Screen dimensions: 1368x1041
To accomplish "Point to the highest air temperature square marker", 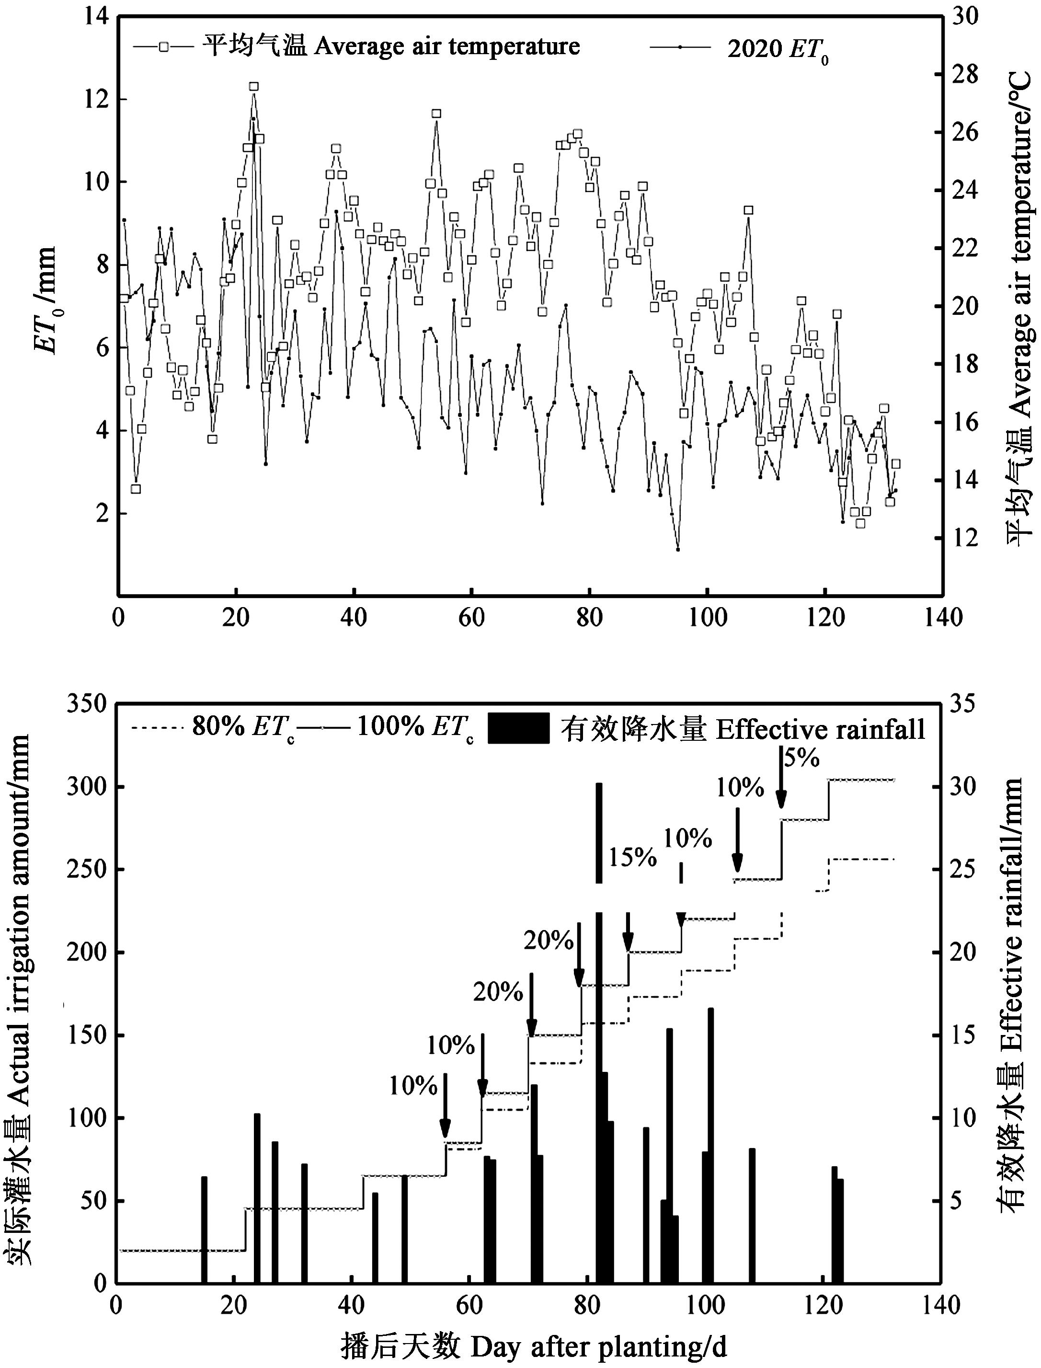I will tap(253, 87).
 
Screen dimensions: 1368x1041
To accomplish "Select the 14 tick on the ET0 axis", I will tap(95, 17).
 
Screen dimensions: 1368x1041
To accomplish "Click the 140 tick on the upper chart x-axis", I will tap(942, 618).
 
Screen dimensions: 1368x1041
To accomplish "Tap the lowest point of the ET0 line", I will tap(678, 549).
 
